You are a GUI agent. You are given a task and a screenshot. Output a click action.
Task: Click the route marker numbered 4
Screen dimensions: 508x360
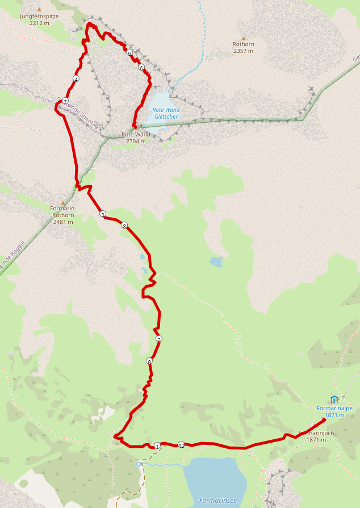(x=76, y=79)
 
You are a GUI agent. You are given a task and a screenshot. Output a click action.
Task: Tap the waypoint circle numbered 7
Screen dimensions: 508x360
(x=65, y=101)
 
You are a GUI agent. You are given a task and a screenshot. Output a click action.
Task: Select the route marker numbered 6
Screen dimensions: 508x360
(x=130, y=53)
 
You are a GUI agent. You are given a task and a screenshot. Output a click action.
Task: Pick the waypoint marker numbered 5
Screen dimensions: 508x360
(x=141, y=68)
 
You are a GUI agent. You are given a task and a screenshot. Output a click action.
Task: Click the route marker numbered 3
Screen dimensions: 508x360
(x=102, y=214)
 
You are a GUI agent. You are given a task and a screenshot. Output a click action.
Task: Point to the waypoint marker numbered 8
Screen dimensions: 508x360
(x=124, y=226)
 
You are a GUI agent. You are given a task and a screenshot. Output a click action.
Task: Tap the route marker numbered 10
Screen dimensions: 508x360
(x=181, y=444)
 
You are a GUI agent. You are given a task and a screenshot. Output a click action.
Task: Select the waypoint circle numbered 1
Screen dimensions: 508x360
(x=157, y=445)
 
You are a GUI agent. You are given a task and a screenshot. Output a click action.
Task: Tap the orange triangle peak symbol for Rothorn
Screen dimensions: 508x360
(x=243, y=39)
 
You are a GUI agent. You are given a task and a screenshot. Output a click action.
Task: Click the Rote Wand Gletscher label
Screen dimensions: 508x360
(x=166, y=113)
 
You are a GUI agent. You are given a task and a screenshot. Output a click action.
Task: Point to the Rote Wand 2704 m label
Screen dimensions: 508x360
(x=136, y=138)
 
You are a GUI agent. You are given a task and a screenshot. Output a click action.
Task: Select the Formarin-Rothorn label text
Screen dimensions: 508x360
(x=63, y=211)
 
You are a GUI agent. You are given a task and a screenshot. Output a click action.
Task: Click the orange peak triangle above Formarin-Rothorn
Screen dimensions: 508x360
(x=62, y=203)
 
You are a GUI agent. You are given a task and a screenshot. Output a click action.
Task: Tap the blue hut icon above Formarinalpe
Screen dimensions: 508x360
(x=334, y=399)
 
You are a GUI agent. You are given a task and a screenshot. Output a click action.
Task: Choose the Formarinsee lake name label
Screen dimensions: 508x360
(x=218, y=501)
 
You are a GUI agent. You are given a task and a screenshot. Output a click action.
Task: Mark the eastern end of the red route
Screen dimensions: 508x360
(x=324, y=419)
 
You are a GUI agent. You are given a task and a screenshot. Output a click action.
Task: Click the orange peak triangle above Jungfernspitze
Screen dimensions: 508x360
(x=39, y=10)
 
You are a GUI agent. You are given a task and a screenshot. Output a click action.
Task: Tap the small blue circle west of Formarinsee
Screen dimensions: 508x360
(x=139, y=464)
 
